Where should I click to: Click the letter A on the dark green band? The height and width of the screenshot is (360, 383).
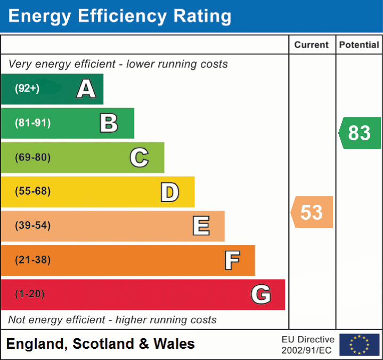[x=86, y=89]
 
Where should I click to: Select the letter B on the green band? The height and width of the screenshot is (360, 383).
[x=109, y=123]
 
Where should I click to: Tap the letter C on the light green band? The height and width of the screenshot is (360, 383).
[x=139, y=157]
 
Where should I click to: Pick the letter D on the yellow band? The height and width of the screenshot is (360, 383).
[x=169, y=192]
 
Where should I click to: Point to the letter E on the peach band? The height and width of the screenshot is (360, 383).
[x=201, y=226]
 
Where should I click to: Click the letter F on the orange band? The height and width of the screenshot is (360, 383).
[x=232, y=260]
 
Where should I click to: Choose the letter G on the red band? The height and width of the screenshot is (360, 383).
[x=261, y=294]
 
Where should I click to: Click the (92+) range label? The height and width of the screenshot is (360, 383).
[x=27, y=89]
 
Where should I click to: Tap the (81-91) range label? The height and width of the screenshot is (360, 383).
[x=32, y=123]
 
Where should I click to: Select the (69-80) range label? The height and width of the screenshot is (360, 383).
[x=32, y=157]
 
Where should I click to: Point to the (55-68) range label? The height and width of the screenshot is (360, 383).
[x=32, y=191]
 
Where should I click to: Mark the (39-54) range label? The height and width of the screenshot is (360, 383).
[x=32, y=226]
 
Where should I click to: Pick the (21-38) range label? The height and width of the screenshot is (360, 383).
[x=32, y=260]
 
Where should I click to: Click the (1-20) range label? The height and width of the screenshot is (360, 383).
[x=30, y=294]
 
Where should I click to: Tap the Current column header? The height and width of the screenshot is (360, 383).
[x=312, y=45]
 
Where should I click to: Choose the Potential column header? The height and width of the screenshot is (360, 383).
[x=359, y=45]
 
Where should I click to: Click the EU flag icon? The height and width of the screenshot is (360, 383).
[x=359, y=345]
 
